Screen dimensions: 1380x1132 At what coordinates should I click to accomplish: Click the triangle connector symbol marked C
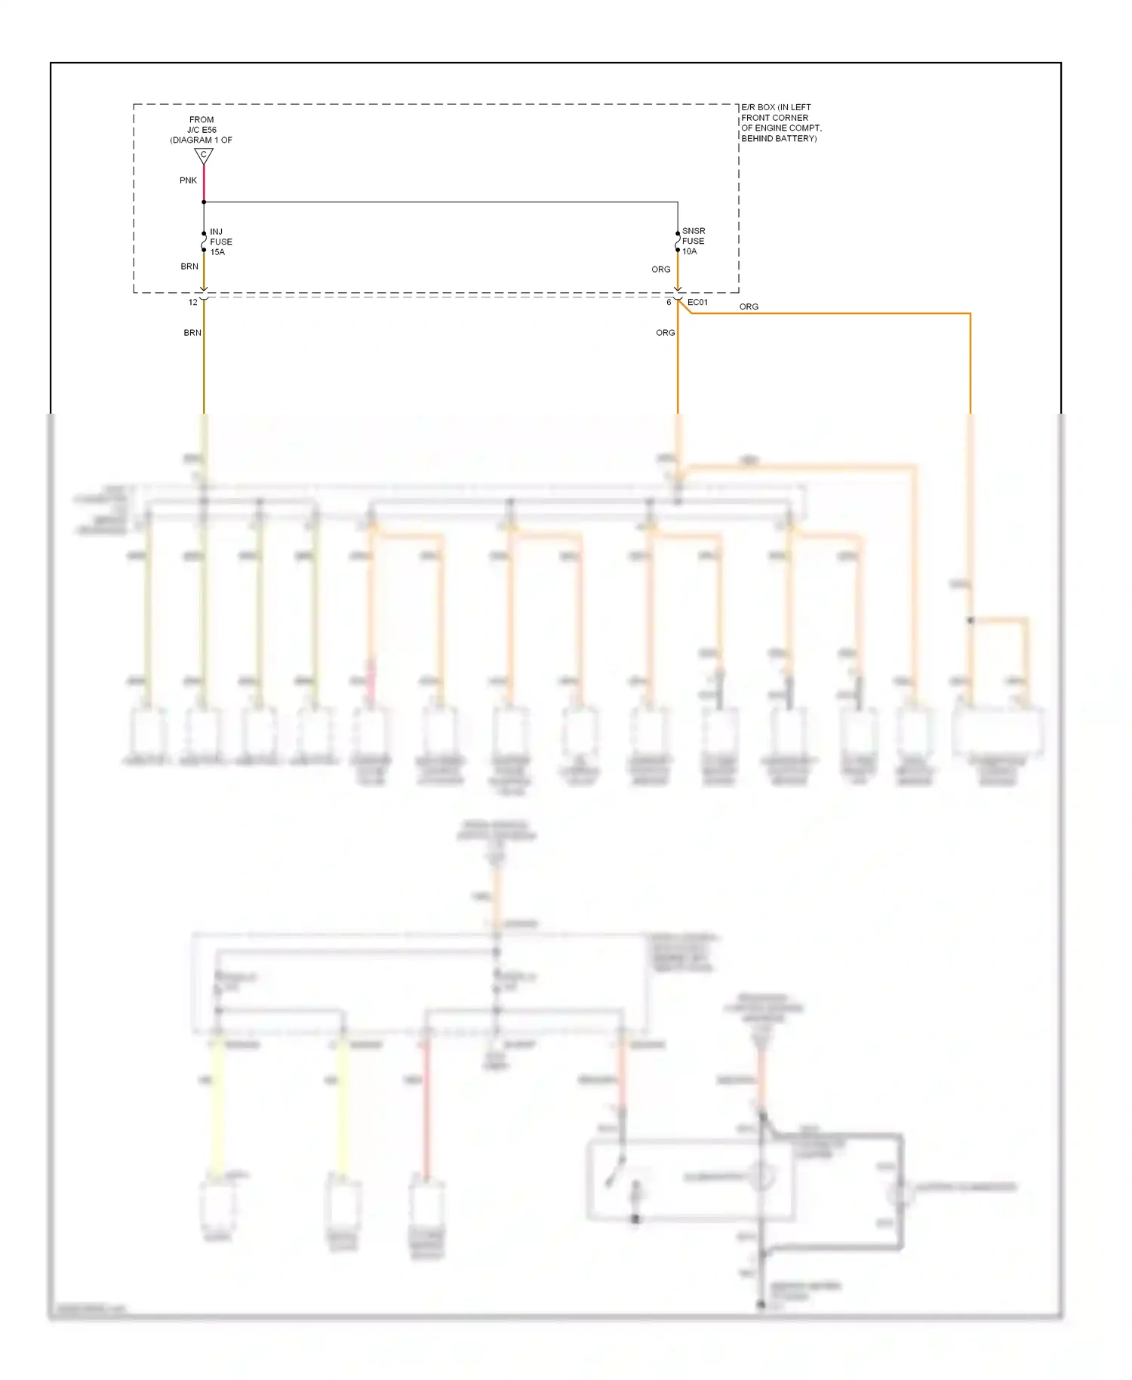(204, 156)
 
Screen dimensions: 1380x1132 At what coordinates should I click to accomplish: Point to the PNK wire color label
(188, 180)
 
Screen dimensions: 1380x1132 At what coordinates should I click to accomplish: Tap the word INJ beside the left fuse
(217, 232)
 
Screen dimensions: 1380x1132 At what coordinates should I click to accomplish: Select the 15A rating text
(217, 252)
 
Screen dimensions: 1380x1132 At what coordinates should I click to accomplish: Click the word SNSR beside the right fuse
(694, 231)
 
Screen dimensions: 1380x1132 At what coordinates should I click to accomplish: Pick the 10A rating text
(690, 251)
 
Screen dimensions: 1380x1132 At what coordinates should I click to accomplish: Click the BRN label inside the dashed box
(189, 266)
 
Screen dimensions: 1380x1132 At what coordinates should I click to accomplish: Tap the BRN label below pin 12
(192, 333)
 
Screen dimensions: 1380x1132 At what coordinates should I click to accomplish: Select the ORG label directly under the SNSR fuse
(661, 270)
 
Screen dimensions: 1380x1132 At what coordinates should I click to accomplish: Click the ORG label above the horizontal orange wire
(749, 306)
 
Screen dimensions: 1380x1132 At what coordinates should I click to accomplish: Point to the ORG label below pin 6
(665, 333)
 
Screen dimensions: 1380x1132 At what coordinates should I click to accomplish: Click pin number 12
(193, 303)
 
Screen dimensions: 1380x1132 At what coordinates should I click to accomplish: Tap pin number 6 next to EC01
(669, 303)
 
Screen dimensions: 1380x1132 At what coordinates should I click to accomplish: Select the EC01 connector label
(698, 303)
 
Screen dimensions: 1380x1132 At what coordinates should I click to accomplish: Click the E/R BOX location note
(781, 123)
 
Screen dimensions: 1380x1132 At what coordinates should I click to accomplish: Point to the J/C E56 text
(201, 130)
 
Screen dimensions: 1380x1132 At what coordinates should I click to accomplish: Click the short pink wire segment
(204, 183)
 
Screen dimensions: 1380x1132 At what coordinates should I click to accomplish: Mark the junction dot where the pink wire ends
(204, 202)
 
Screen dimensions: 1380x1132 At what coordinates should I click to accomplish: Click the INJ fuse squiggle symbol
(204, 242)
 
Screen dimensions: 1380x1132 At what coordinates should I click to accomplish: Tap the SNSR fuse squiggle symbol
(678, 242)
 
